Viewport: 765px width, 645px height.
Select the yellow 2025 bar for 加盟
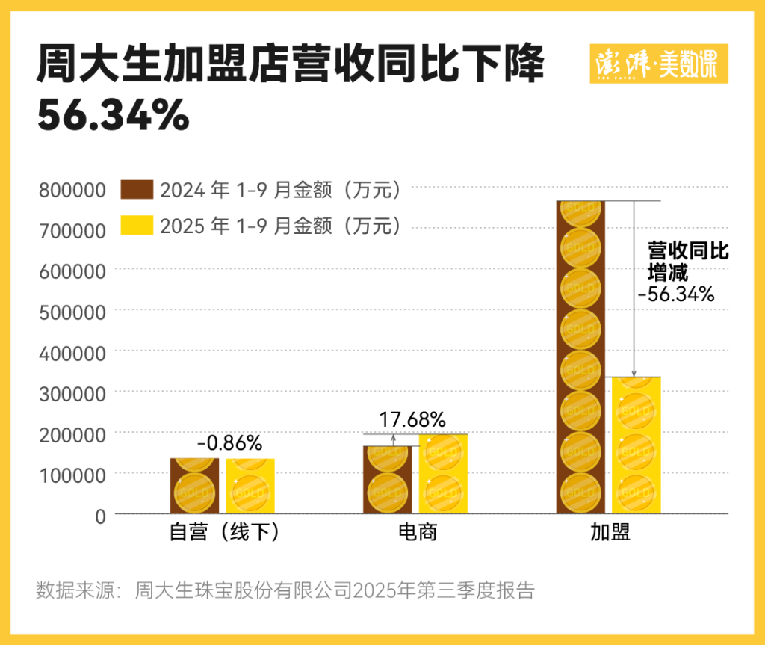637,445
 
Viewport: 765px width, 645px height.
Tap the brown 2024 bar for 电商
387,480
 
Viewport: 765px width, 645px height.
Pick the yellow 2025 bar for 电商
443,474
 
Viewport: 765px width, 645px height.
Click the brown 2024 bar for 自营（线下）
194,486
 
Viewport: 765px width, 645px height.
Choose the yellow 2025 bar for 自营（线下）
250,486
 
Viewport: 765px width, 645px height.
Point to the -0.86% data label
229,443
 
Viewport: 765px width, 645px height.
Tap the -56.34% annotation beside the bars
676,294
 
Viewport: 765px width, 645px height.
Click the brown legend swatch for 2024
137,190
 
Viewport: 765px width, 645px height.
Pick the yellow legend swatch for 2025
137,225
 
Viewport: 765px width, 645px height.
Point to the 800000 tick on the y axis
72,191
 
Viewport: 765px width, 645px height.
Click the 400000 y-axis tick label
72,352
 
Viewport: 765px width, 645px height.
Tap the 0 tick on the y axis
100,514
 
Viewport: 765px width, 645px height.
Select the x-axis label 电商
416,533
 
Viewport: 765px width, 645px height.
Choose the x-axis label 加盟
610,533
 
